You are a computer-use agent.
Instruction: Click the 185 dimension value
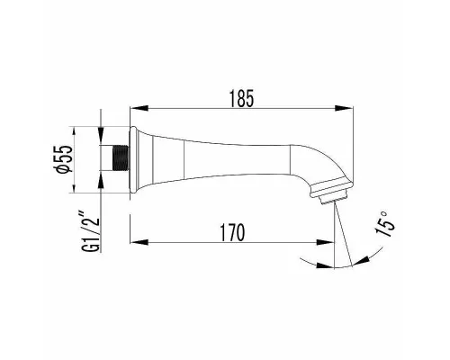click(x=242, y=98)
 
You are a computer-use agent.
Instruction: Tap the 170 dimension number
click(x=233, y=232)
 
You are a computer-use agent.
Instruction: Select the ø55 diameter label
click(x=65, y=159)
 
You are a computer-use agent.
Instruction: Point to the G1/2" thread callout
click(x=91, y=232)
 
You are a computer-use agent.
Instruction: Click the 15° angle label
click(x=384, y=224)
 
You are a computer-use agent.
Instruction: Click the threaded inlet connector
click(x=121, y=158)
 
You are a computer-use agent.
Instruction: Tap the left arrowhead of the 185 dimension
click(x=139, y=108)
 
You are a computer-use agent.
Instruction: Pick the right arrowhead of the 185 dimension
click(x=344, y=108)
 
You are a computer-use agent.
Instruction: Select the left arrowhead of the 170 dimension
click(x=139, y=242)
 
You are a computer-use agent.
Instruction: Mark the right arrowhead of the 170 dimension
click(x=325, y=242)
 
